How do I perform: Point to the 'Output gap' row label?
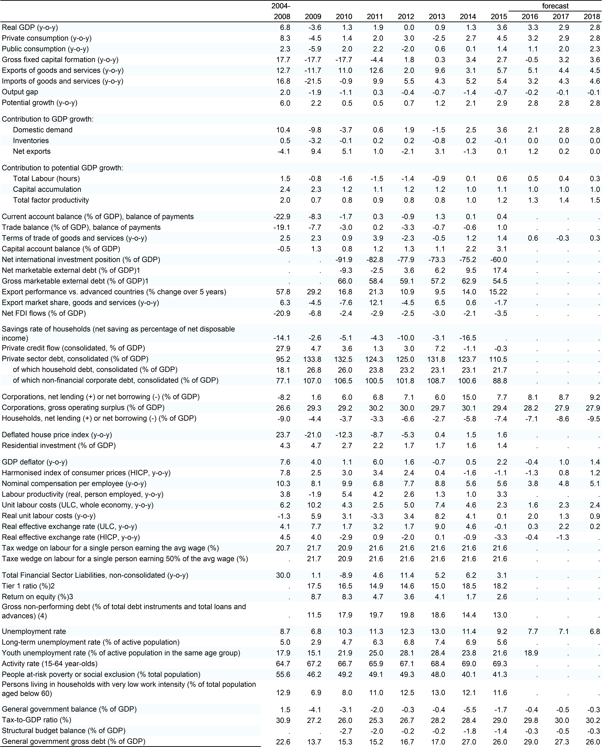[x=20, y=92]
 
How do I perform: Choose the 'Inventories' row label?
[x=31, y=140]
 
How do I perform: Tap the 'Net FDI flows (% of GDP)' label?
[x=44, y=313]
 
